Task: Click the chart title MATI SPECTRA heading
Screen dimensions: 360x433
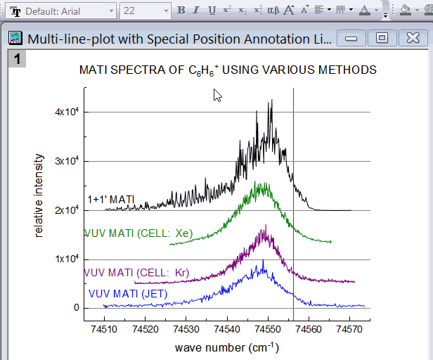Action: click(x=228, y=70)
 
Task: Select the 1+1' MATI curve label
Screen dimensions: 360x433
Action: click(x=110, y=200)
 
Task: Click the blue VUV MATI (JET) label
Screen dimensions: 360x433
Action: click(x=128, y=294)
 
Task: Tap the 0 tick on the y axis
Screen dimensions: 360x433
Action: click(x=76, y=308)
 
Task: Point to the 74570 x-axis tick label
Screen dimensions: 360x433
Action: click(x=349, y=329)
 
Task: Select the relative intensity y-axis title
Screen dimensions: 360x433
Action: click(x=39, y=196)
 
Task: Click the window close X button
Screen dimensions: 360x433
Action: click(x=409, y=39)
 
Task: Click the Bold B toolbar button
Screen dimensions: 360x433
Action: click(x=181, y=11)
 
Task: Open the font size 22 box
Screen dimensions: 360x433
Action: click(x=141, y=11)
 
